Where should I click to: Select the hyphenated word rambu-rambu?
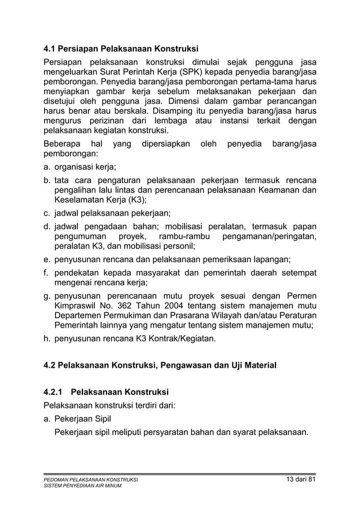tap(185, 236)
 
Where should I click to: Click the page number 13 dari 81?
tap(297, 480)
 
